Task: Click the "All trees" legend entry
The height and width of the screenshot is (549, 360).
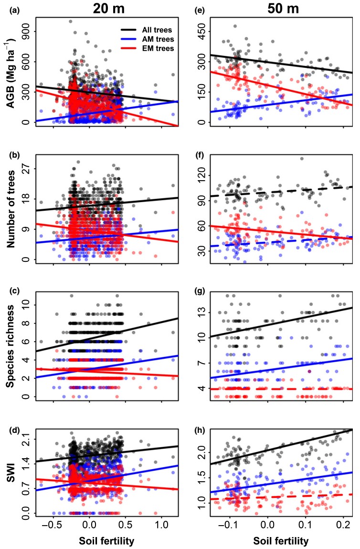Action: [141, 30]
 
